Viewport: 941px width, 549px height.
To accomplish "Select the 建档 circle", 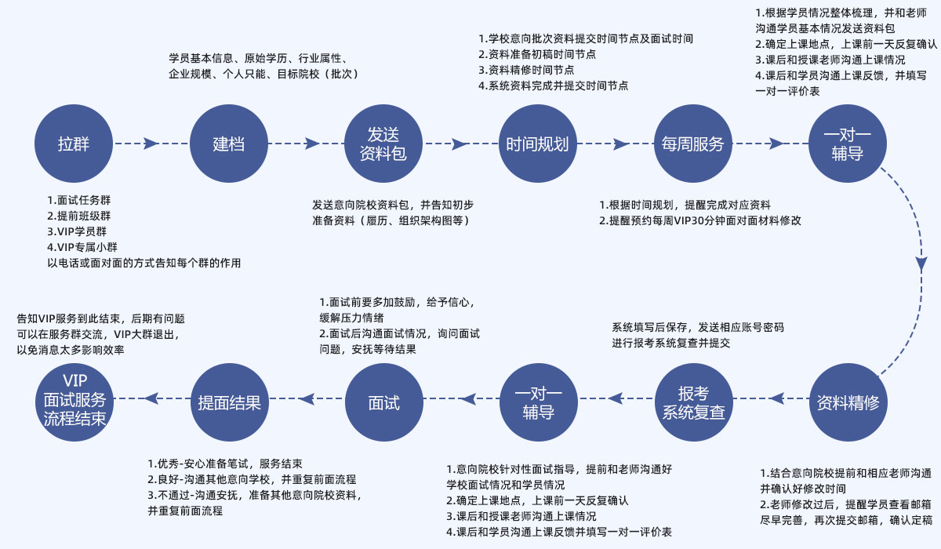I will click(228, 144).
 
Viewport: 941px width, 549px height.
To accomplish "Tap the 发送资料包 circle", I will click(383, 144).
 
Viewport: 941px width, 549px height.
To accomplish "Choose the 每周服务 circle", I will click(692, 144).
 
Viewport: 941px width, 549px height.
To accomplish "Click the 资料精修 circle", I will click(848, 403).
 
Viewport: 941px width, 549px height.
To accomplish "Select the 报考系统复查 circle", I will click(693, 403).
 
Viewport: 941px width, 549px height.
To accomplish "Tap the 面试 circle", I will click(383, 403).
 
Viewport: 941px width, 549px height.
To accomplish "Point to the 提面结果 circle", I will click(229, 403).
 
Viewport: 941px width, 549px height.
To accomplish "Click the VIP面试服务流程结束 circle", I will click(74, 403).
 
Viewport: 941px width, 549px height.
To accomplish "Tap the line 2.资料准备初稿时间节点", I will click(536, 54).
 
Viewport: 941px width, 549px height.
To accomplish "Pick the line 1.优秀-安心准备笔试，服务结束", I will click(226, 463).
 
